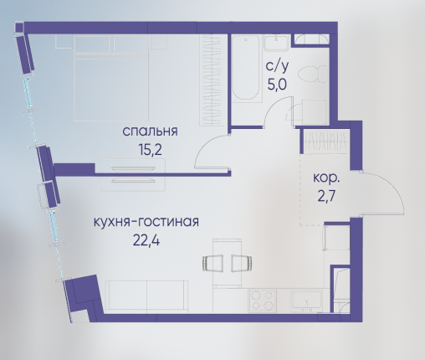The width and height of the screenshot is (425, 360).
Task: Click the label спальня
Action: click(x=150, y=131)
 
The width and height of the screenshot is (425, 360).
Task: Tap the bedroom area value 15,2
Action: click(x=150, y=151)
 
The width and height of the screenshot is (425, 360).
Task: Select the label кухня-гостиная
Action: click(x=146, y=222)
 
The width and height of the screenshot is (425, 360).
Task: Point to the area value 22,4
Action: click(x=146, y=240)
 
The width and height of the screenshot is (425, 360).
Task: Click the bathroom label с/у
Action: click(x=277, y=66)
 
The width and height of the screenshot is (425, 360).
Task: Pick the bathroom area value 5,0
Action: click(x=277, y=85)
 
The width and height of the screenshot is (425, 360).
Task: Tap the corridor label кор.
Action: click(x=326, y=177)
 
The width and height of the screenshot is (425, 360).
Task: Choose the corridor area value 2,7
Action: click(x=326, y=197)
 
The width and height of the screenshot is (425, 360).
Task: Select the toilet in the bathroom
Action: click(x=312, y=74)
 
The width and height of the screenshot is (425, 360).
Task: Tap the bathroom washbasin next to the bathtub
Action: click(x=276, y=43)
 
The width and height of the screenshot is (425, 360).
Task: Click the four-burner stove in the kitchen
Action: click(x=263, y=301)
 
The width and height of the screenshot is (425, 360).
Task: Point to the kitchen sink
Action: click(x=306, y=301)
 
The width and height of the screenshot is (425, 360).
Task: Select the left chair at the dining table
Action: click(x=212, y=263)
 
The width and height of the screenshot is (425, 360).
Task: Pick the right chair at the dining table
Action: click(x=242, y=263)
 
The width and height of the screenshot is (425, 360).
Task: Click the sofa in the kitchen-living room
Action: click(x=146, y=297)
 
